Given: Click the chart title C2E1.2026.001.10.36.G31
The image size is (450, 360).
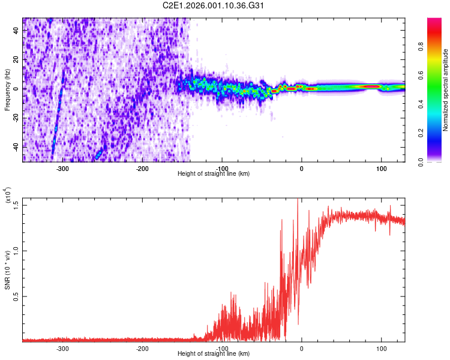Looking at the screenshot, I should point(214,6).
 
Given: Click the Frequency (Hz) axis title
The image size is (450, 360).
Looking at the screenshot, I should point(7,89).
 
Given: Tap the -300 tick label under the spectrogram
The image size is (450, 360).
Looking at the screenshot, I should point(62,169).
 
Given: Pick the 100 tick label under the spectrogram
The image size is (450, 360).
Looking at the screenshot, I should point(381,169).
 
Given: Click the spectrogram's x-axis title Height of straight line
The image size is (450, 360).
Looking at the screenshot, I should point(214,174).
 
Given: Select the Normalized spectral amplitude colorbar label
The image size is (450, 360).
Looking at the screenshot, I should point(446,90).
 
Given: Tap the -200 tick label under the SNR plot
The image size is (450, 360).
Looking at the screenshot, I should point(142,349).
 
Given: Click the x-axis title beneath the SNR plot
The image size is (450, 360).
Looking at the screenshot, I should point(214,354).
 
